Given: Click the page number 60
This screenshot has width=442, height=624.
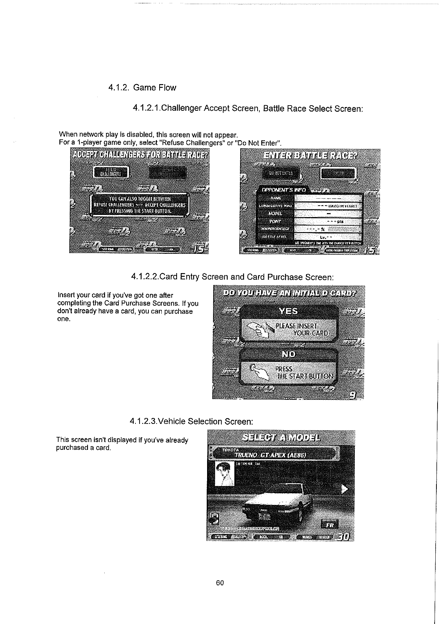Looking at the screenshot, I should pos(220,583).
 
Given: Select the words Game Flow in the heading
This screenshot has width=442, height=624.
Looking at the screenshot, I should pos(154,88).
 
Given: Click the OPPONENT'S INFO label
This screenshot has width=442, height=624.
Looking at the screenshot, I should pos(284,190).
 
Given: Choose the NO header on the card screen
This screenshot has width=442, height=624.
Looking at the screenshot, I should pos(289,354).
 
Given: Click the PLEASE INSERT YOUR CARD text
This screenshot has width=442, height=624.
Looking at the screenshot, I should pos(301,329).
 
